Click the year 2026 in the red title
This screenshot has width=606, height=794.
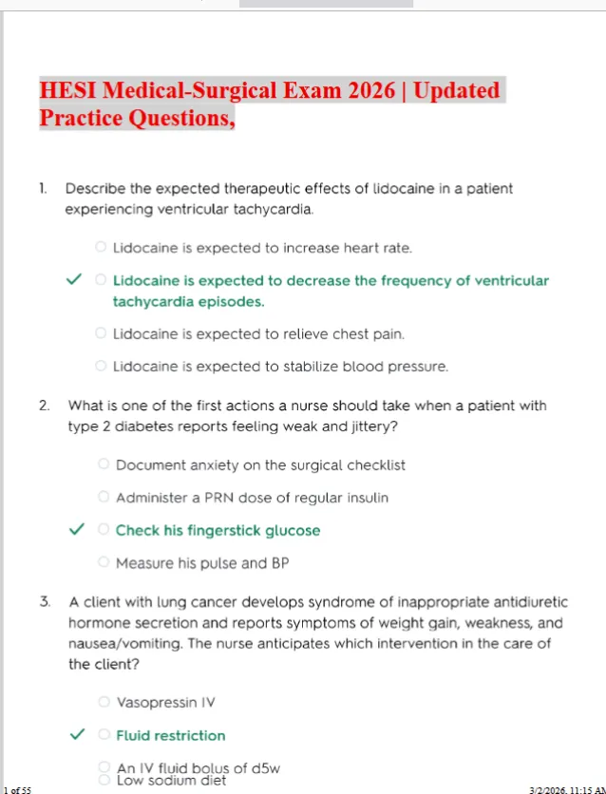374,91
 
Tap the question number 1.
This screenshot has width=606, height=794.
43,188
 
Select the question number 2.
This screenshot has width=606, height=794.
45,406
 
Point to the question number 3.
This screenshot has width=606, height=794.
45,602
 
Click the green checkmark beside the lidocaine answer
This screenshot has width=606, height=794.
73,281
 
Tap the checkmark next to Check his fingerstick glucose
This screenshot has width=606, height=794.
76,530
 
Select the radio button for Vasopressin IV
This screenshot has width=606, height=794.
104,703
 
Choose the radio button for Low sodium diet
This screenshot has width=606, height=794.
104,780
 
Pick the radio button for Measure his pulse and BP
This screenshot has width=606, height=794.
104,563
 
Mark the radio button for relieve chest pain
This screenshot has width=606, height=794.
101,333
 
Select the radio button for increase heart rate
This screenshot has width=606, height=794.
101,248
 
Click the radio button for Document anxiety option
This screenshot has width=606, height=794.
104,465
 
